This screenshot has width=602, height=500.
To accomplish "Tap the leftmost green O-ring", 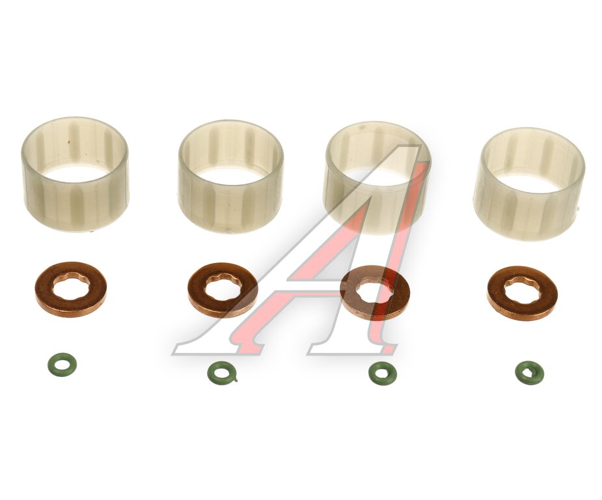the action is click(x=51, y=364).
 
